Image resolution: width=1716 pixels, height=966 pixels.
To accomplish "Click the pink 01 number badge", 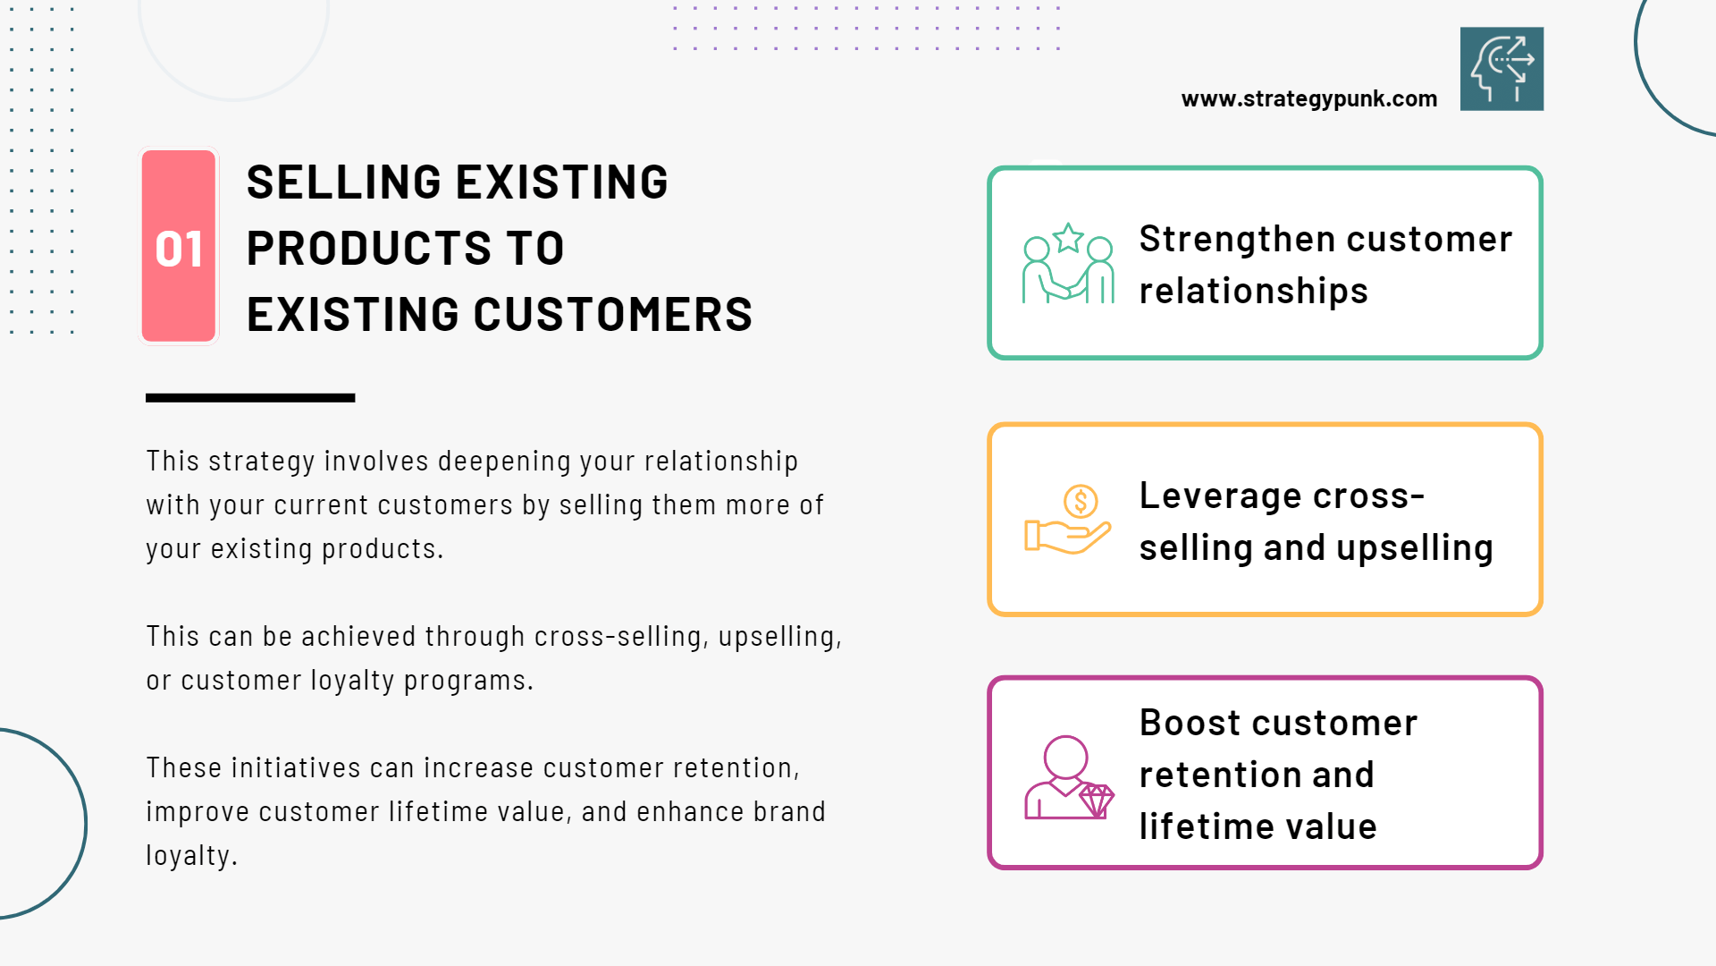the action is (179, 246).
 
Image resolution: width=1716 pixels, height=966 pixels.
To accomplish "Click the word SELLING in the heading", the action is (345, 182).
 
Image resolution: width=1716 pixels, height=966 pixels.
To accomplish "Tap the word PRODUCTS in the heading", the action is (368, 249).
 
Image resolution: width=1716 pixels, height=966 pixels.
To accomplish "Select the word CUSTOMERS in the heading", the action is (612, 315).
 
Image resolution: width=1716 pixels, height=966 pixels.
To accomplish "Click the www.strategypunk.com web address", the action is (1309, 99).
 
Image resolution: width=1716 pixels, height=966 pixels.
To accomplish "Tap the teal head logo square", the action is (1501, 69).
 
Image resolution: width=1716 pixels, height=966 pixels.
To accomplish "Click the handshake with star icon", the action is (1069, 264).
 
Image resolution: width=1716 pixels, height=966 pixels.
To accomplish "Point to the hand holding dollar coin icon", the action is (1068, 520).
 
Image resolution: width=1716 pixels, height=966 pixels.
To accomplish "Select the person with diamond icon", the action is (1069, 777).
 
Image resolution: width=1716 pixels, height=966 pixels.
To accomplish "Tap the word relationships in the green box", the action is (1254, 292).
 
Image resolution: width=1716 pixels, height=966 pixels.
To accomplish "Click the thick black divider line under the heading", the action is (250, 398).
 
